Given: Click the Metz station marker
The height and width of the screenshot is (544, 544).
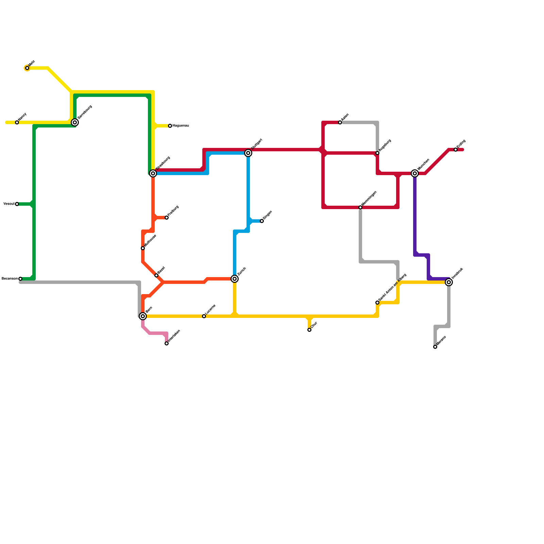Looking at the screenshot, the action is pyautogui.click(x=27, y=68).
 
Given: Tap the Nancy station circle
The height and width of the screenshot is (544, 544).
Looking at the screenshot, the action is pyautogui.click(x=17, y=122).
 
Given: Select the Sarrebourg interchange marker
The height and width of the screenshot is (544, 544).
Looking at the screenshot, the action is pyautogui.click(x=75, y=122).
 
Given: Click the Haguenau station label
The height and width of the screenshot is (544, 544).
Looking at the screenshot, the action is pyautogui.click(x=181, y=126).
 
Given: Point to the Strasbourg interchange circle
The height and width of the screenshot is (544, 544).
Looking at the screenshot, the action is pyautogui.click(x=153, y=173).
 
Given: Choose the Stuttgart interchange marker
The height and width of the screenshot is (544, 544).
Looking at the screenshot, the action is pyautogui.click(x=248, y=153).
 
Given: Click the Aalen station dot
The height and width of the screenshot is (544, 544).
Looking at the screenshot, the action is pyautogui.click(x=340, y=122).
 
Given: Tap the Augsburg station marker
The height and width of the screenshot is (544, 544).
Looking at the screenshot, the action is pyautogui.click(x=377, y=153).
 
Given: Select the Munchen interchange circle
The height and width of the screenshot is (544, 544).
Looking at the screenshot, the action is pyautogui.click(x=415, y=173).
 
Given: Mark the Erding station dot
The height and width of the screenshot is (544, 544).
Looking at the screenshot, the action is pyautogui.click(x=456, y=150).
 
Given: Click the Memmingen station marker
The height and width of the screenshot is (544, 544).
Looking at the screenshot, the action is pyautogui.click(x=360, y=207).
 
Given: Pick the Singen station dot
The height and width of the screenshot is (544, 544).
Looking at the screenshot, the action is pyautogui.click(x=262, y=221).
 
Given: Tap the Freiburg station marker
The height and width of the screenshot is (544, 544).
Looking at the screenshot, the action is pyautogui.click(x=167, y=218).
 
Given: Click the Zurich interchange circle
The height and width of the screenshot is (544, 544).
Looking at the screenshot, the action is pyautogui.click(x=235, y=279).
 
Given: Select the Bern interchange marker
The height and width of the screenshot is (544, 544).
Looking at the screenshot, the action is pyautogui.click(x=143, y=316).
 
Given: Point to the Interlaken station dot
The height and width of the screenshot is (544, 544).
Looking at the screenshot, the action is pyautogui.click(x=167, y=343).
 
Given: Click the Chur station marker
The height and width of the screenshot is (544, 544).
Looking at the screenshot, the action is pyautogui.click(x=309, y=330).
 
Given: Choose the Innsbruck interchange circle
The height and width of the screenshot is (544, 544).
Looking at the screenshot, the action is pyautogui.click(x=449, y=282).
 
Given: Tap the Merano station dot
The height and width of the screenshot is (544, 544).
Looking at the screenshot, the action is pyautogui.click(x=435, y=347).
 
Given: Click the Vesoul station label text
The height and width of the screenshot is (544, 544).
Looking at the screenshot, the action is pyautogui.click(x=9, y=204).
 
